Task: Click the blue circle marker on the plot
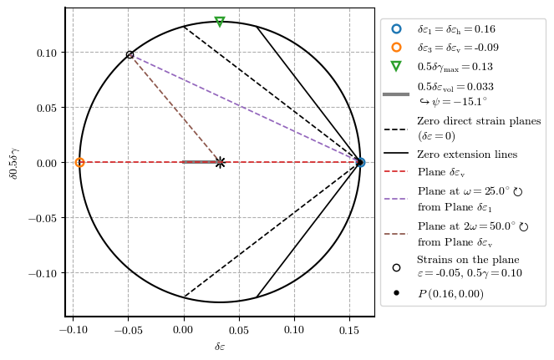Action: [x=360, y=162]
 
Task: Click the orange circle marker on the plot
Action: [x=79, y=162]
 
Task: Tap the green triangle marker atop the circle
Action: [x=220, y=22]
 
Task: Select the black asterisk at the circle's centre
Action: [x=220, y=162]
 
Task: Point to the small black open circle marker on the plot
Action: [x=130, y=55]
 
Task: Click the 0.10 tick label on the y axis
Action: [x=46, y=53]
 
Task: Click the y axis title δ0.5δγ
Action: [x=13, y=162]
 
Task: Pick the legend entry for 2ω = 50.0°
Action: [x=473, y=226]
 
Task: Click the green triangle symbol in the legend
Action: [x=396, y=67]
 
